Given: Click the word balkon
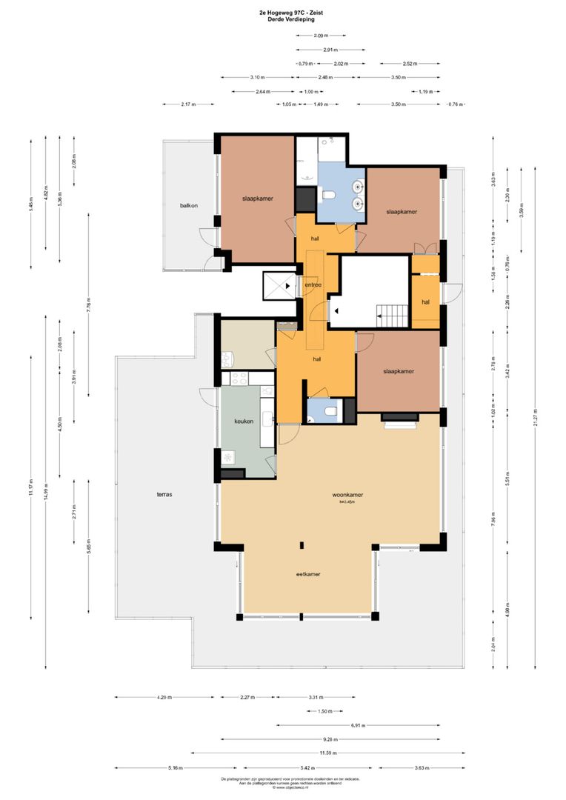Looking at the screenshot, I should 188,205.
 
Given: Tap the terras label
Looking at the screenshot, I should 164,494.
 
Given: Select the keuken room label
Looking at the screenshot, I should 244,421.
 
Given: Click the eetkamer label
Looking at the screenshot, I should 308,573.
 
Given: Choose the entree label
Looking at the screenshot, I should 313,284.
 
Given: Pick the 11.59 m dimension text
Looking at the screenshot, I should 327,753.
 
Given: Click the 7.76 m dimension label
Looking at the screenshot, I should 88,305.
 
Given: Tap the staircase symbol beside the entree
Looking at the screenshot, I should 390,316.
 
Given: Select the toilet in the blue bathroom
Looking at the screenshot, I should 329,196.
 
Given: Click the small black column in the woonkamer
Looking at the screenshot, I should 302,546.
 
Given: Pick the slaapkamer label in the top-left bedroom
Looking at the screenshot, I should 256,199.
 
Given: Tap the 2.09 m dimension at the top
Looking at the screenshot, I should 320,35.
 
